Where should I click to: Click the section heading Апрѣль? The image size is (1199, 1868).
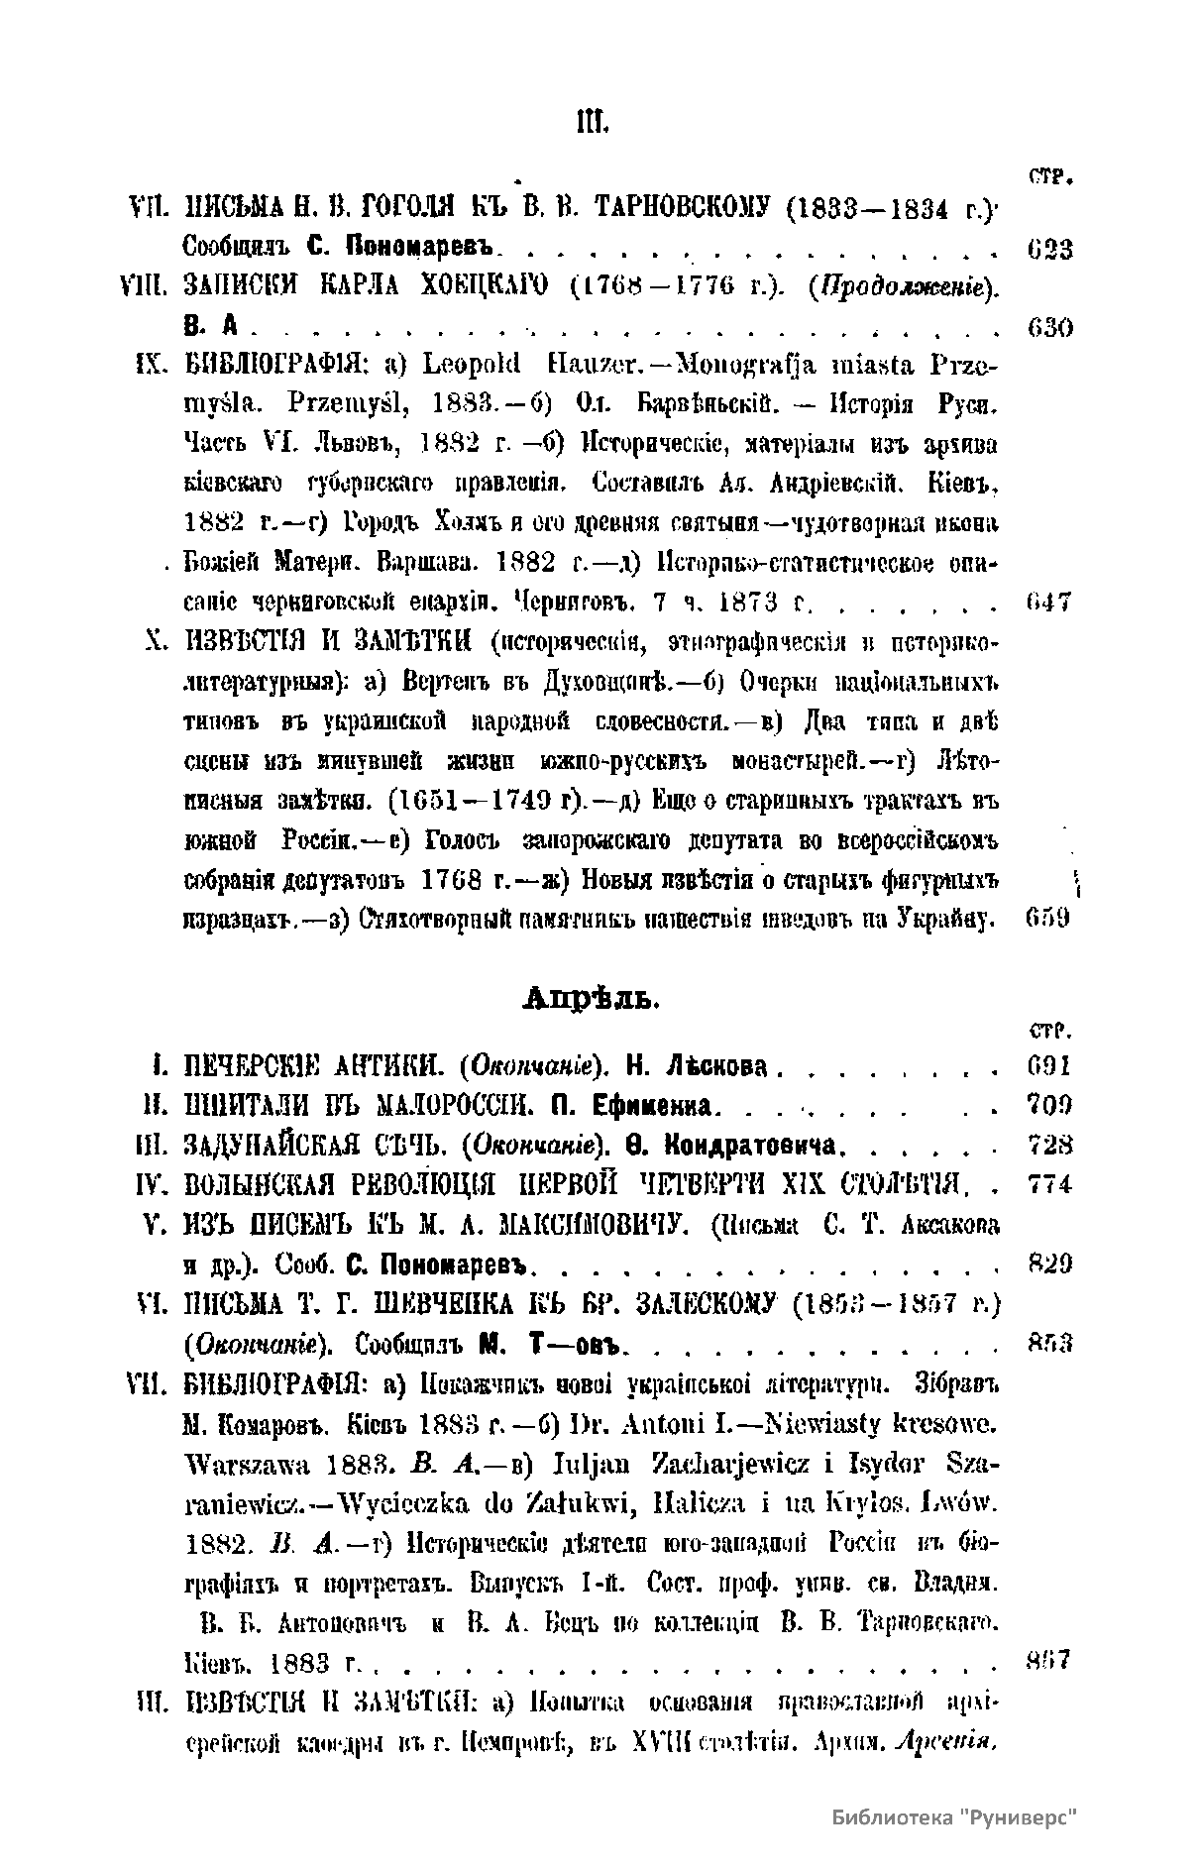pyautogui.click(x=591, y=999)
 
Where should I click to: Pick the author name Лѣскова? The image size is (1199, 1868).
pyautogui.click(x=720, y=1066)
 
